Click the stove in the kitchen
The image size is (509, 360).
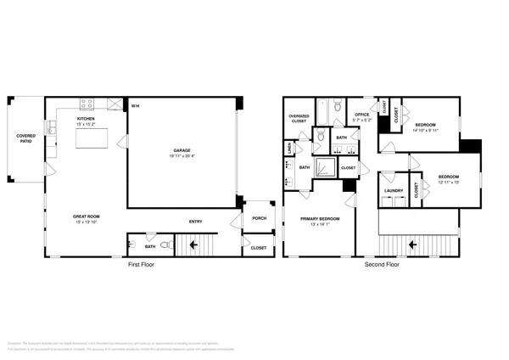[87, 104]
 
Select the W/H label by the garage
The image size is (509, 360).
[135, 106]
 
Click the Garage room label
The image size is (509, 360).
[182, 150]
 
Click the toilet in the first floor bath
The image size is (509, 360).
[166, 245]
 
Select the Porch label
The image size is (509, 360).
[259, 219]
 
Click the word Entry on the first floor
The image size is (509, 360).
[195, 222]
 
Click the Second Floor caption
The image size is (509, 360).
[382, 265]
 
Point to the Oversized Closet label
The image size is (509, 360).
[298, 118]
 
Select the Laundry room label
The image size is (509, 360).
[393, 190]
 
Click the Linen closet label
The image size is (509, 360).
[290, 148]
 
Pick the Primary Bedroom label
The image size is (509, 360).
[320, 218]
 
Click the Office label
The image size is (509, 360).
[362, 114]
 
